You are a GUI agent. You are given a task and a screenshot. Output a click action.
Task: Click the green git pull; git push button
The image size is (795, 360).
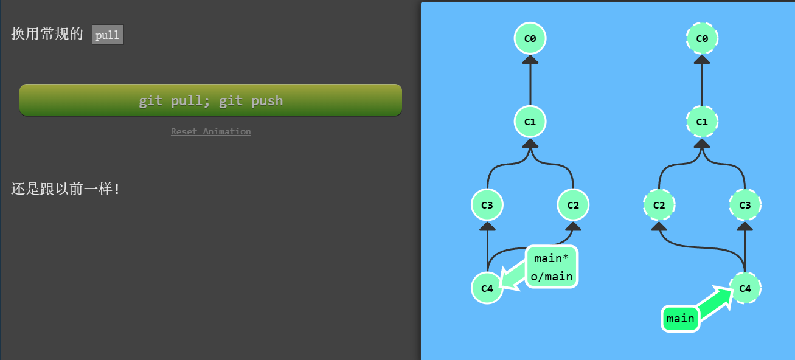210,100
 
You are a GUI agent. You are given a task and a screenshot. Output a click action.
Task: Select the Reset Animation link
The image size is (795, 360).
210,131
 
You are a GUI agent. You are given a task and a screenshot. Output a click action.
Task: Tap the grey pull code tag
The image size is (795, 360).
108,35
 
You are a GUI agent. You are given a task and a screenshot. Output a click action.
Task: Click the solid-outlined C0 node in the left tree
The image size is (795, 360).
530,38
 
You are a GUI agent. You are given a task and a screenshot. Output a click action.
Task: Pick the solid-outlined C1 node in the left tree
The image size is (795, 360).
530,122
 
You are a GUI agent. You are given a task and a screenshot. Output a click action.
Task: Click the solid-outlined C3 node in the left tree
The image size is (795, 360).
487,205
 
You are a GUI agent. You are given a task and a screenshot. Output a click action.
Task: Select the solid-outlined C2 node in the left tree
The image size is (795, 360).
573,205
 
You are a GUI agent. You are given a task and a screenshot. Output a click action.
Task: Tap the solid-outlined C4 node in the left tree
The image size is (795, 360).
487,288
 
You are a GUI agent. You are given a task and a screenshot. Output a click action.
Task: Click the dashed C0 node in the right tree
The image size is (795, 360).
702,38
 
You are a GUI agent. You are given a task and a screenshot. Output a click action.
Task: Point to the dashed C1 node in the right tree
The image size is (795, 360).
702,122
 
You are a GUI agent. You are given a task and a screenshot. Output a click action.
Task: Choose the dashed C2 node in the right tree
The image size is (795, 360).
659,205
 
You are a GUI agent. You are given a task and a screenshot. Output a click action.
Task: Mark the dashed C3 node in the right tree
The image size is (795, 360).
745,205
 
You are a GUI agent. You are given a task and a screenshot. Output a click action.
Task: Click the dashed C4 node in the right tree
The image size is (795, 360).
745,288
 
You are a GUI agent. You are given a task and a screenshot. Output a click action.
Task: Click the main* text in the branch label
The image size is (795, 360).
552,258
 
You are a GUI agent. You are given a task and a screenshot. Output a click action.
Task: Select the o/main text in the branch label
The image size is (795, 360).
552,277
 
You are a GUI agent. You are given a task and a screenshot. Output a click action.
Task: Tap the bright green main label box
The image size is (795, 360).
680,319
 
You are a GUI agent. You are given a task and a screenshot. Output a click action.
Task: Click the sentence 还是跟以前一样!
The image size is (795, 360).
66,189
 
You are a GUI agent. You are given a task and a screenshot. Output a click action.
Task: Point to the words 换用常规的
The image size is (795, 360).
47,34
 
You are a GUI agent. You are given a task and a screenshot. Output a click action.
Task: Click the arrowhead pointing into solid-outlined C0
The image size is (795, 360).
530,60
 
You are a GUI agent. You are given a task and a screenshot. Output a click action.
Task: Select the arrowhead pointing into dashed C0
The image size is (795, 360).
702,60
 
